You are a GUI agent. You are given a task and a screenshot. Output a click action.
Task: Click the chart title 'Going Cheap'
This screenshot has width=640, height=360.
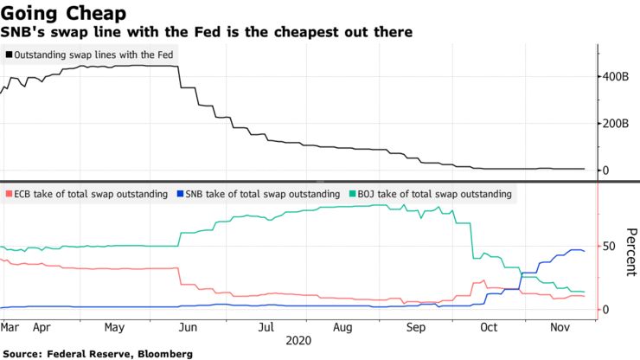click(64, 13)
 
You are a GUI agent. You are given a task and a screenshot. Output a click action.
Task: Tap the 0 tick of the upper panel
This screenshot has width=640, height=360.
click(607, 170)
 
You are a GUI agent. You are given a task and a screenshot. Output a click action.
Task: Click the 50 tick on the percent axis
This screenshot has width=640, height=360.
click(609, 247)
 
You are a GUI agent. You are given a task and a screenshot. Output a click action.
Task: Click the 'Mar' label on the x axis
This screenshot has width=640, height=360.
click(10, 328)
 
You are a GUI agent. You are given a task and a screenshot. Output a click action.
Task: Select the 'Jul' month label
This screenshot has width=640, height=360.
click(266, 328)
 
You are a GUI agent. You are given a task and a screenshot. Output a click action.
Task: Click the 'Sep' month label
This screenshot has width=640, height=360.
click(417, 328)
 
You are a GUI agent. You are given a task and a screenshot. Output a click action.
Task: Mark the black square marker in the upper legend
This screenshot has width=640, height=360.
click(9, 55)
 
